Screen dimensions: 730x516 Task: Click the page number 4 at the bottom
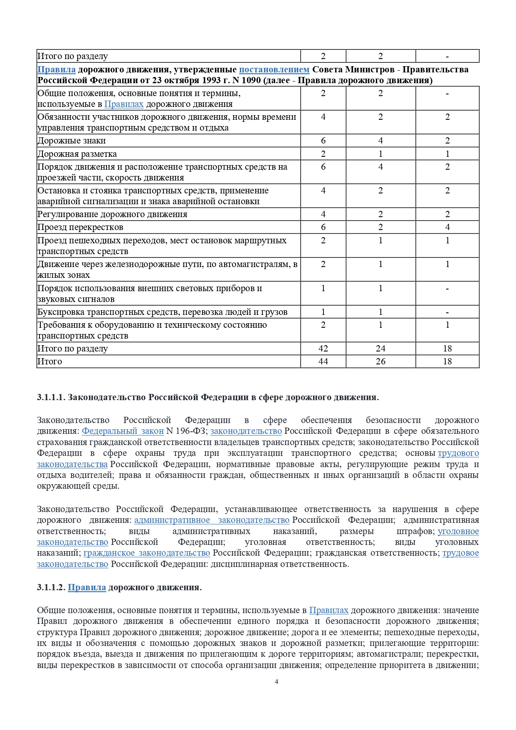[x=277, y=681]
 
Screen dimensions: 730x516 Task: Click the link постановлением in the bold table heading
[x=274, y=69]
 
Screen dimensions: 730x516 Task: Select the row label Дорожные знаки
[x=72, y=141]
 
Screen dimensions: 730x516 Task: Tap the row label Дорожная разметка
[x=77, y=154]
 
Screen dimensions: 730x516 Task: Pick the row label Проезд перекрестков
[x=80, y=227]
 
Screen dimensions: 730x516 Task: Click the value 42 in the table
[x=323, y=349]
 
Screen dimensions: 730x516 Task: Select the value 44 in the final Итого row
[x=323, y=361]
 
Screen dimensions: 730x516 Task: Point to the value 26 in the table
[x=380, y=361]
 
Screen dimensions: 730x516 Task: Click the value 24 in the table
[x=380, y=349]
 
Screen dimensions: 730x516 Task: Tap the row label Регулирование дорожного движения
[x=112, y=214]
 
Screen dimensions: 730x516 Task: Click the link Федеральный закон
[x=123, y=431]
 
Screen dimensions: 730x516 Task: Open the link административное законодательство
[x=212, y=520]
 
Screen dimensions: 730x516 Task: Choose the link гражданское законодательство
[x=147, y=553]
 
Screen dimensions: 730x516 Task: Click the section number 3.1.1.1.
[x=51, y=397]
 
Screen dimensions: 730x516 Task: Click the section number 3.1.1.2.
[x=51, y=587]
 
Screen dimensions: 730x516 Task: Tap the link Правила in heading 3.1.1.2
[x=86, y=587]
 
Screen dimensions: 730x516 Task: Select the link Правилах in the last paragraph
[x=328, y=610]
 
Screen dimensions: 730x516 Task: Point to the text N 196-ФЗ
[x=187, y=431]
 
